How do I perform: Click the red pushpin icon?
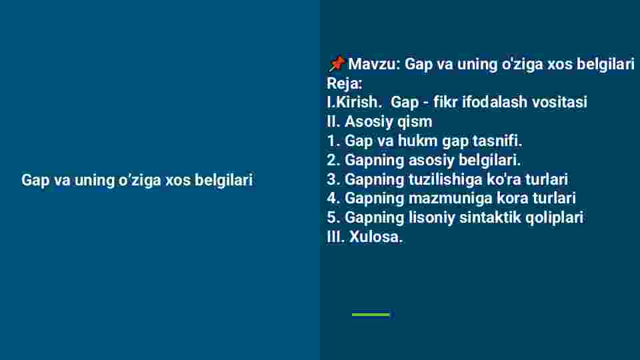pyautogui.click(x=337, y=64)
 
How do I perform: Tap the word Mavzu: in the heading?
pyautogui.click(x=374, y=64)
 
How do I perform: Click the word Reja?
pyautogui.click(x=345, y=83)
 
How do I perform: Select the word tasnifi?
pyautogui.click(x=497, y=141)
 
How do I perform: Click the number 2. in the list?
pyautogui.click(x=333, y=160)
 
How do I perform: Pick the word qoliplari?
pyautogui.click(x=554, y=218)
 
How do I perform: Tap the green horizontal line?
pyautogui.click(x=371, y=314)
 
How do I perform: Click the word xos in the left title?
pyautogui.click(x=178, y=181)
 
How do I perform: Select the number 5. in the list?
pyautogui.click(x=333, y=217)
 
